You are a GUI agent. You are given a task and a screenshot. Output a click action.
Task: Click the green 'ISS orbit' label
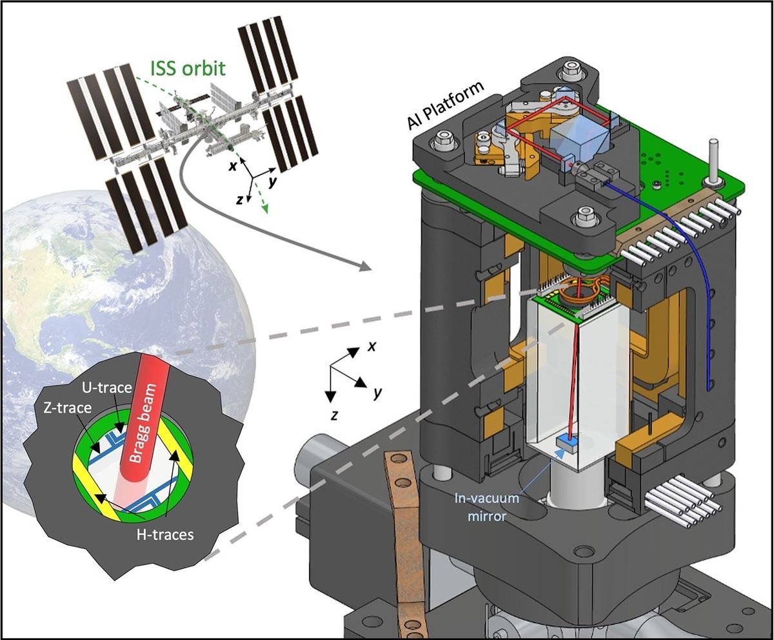coord(193,67)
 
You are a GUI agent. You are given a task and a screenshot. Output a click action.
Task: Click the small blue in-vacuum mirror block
coord(566,442)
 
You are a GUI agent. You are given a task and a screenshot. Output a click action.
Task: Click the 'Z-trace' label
coord(66,409)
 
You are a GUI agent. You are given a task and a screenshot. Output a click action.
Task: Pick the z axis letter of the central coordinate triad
coord(333,415)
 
